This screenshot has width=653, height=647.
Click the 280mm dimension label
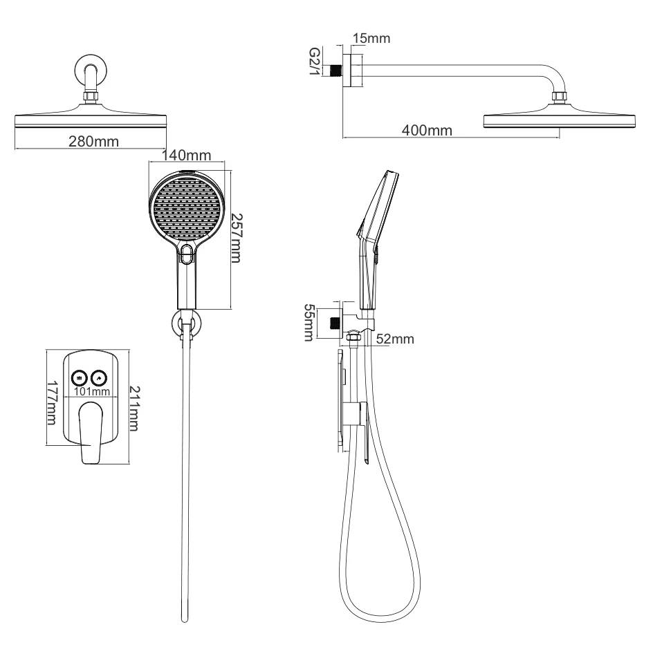tap(93, 142)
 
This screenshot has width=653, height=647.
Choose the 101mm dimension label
tap(92, 392)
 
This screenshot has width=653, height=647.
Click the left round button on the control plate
tap(80, 377)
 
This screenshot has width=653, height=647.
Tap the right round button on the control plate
tap(100, 377)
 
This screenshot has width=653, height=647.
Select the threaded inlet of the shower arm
tap(337, 71)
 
